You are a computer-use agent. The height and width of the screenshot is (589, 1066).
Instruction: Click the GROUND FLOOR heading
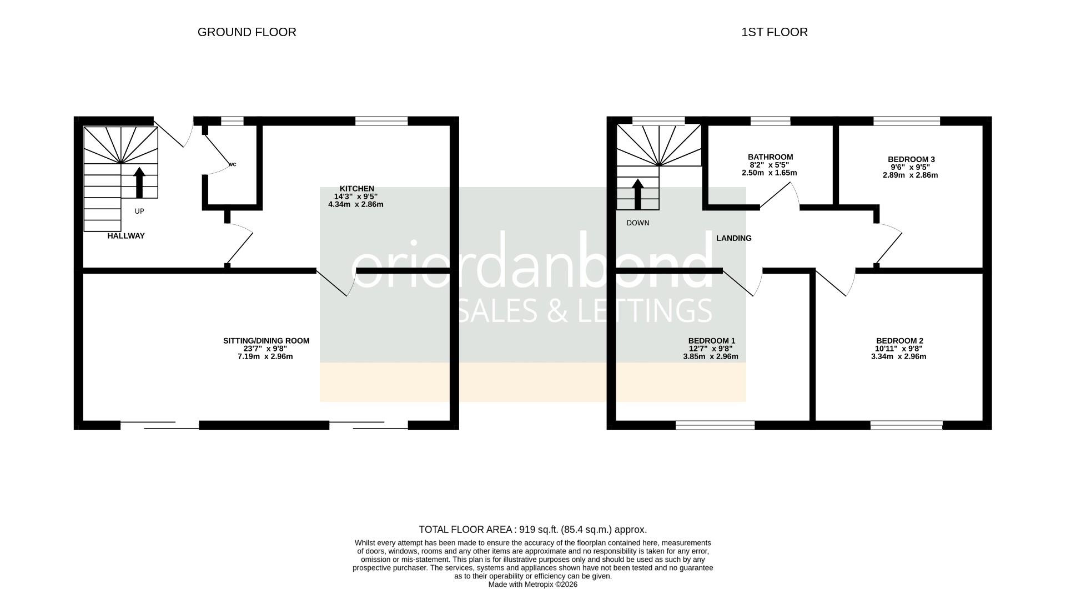(x=247, y=32)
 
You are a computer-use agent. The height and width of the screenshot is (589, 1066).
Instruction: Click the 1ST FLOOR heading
(x=774, y=32)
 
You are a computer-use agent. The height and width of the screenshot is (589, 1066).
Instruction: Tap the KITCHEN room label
(x=357, y=189)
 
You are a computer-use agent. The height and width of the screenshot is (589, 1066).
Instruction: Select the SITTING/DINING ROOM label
(x=266, y=341)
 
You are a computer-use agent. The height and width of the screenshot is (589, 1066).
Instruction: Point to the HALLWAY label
(x=126, y=236)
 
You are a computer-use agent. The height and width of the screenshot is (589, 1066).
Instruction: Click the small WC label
(x=232, y=165)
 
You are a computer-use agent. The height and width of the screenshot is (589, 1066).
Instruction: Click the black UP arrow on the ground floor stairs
(x=139, y=183)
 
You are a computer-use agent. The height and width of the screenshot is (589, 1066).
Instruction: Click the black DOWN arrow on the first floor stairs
(x=638, y=194)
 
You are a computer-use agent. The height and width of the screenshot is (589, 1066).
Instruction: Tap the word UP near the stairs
(x=139, y=212)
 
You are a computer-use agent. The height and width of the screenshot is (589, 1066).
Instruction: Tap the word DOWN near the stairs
(x=637, y=223)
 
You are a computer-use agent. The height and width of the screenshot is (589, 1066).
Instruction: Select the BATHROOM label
(x=770, y=157)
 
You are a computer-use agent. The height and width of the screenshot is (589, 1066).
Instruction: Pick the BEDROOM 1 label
(x=711, y=341)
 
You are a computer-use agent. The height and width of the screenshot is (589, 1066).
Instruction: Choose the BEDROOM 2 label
(x=899, y=341)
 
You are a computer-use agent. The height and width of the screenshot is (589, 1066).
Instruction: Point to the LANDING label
(x=733, y=238)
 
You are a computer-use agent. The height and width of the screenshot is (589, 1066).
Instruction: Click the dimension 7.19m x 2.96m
(x=265, y=356)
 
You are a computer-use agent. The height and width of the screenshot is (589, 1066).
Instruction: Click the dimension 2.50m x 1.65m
(x=769, y=173)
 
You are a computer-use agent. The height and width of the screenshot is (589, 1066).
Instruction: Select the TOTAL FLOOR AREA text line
(x=532, y=530)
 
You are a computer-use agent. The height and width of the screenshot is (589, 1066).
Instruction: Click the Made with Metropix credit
(x=532, y=585)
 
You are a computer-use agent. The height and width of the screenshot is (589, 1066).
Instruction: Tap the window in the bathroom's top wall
(x=770, y=120)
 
